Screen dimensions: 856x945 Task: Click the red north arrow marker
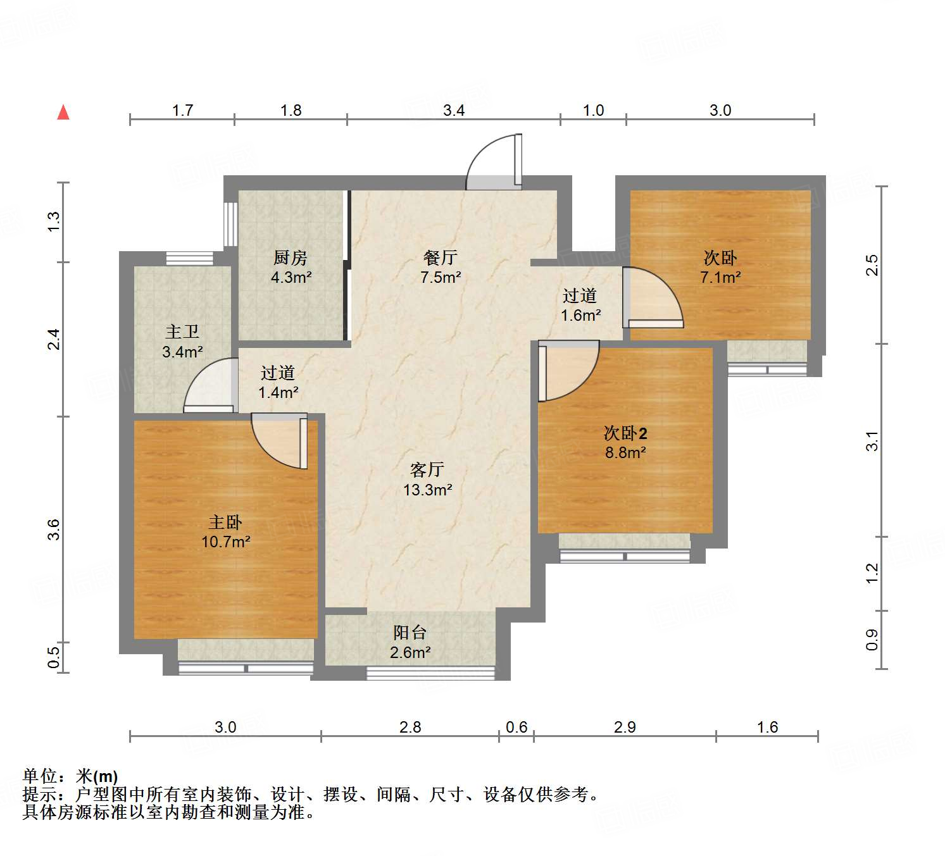[x=63, y=113]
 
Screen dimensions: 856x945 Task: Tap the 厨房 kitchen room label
[x=291, y=257]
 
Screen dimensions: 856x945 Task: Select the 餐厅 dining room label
[x=441, y=257]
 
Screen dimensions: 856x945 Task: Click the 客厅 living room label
[x=427, y=469]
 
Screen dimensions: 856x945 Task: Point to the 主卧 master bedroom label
[x=225, y=522]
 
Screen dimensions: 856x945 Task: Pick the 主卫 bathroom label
[x=182, y=332]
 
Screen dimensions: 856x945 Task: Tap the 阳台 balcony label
[x=410, y=632]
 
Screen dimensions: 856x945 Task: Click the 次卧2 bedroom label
[x=625, y=433]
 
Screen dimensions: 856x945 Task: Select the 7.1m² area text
[x=720, y=277]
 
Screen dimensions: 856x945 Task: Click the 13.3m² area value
[x=428, y=490]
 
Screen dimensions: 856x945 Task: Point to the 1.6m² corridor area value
[x=580, y=315]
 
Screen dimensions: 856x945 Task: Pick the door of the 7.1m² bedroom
[x=652, y=297]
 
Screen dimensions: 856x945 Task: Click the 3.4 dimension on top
[x=454, y=111]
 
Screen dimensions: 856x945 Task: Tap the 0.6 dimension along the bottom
[x=516, y=727]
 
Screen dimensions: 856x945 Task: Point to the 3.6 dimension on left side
[x=54, y=529]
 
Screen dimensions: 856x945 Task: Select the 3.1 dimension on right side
[x=872, y=440]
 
